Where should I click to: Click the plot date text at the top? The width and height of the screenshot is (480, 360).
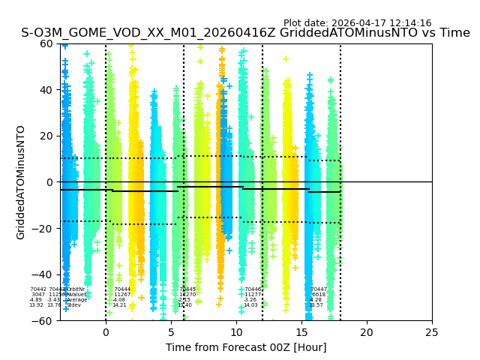point(357,23)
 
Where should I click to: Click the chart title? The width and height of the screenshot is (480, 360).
point(245,33)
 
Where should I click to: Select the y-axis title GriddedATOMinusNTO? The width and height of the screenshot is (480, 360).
point(21,182)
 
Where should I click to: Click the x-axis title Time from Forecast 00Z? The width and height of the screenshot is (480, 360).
point(246,347)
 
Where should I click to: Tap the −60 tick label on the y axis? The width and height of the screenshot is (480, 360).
point(45,321)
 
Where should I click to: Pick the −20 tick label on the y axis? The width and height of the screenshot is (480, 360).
point(45,229)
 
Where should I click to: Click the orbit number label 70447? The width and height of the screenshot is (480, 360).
point(319,289)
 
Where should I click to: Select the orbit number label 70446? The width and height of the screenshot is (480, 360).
point(253,289)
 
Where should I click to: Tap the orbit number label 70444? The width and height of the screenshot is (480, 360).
point(122,289)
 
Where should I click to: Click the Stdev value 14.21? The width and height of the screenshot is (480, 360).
point(119,305)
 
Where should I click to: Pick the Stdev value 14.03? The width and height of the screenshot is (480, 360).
point(250,305)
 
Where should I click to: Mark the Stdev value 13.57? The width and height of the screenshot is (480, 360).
point(316,305)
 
